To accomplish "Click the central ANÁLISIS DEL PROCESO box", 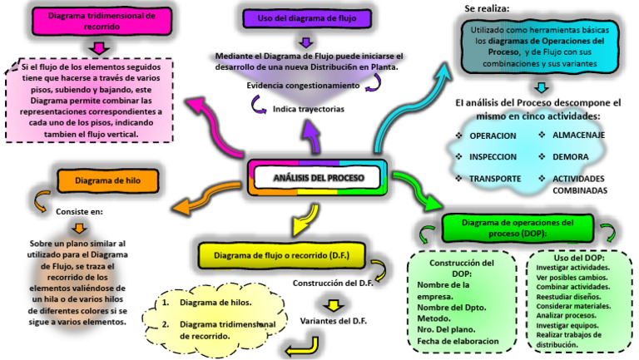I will pyautogui.click(x=319, y=178).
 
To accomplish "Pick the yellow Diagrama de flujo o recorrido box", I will pyautogui.click(x=281, y=254).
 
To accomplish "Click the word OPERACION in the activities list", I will pyautogui.click(x=493, y=136).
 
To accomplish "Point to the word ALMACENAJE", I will pyautogui.click(x=579, y=135).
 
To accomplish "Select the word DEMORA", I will pyautogui.click(x=571, y=156).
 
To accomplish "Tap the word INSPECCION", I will pyautogui.click(x=493, y=156).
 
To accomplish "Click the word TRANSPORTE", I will pyautogui.click(x=495, y=179).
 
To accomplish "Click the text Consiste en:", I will pyautogui.click(x=78, y=211).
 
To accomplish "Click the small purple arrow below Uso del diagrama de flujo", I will pyautogui.click(x=306, y=42).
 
